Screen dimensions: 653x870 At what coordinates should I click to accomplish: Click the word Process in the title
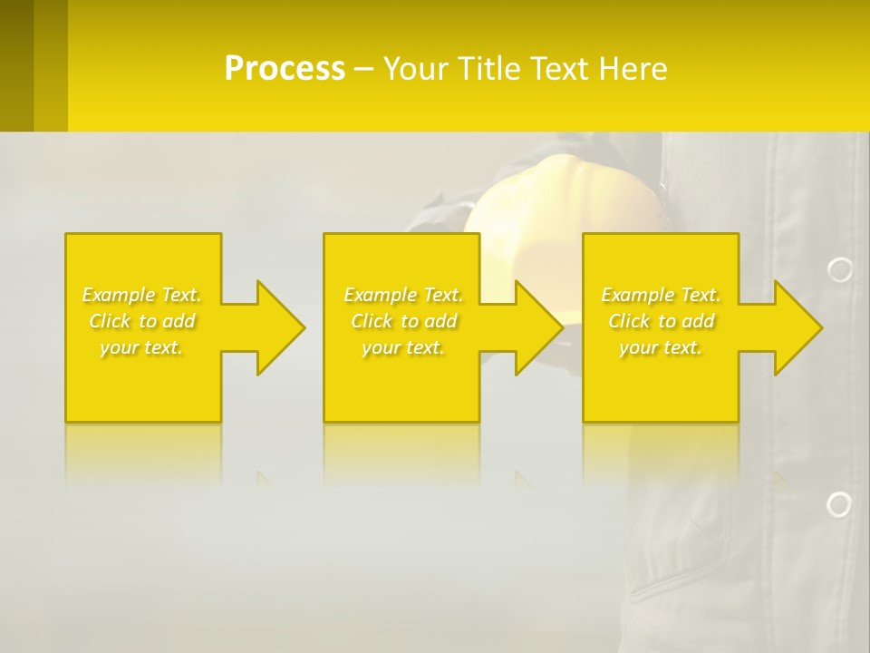[x=285, y=68]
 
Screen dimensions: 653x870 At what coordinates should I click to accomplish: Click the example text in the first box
[x=142, y=321]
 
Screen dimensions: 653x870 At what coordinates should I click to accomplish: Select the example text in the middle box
[x=403, y=321]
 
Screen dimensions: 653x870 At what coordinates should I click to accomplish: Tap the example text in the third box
[x=661, y=321]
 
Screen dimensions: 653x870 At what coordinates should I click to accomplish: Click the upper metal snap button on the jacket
[x=840, y=269]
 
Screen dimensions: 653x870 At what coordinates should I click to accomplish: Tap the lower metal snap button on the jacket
[x=839, y=504]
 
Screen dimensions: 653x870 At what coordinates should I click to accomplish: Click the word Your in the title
[x=413, y=68]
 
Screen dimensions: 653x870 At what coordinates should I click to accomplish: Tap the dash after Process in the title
[x=364, y=70]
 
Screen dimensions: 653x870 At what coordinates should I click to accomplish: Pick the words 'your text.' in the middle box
[x=403, y=347]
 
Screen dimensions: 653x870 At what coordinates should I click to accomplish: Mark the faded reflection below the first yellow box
[x=142, y=453]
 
